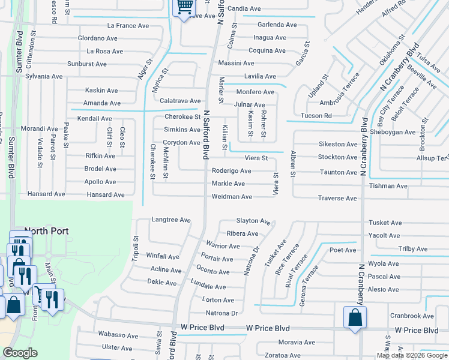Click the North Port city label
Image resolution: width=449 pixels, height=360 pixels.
(x=46, y=231)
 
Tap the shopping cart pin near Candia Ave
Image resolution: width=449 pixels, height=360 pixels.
(x=184, y=8)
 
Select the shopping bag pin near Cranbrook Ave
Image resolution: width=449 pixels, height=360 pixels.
(x=355, y=317)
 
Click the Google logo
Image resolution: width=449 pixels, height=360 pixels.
(x=20, y=353)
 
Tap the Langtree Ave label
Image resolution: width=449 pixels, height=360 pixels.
(x=171, y=220)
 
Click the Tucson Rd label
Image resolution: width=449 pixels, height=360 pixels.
(x=316, y=116)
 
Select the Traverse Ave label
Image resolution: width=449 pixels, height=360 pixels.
(x=337, y=198)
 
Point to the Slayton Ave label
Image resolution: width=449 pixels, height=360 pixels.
(x=253, y=221)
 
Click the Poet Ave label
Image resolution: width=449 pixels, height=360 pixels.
(x=343, y=250)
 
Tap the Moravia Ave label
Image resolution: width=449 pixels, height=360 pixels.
(x=297, y=343)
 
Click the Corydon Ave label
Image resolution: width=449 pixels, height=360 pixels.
(x=182, y=143)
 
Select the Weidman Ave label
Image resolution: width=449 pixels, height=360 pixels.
(x=232, y=197)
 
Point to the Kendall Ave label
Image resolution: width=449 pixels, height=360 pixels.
(x=94, y=119)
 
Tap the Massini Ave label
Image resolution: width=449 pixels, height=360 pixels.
(x=236, y=63)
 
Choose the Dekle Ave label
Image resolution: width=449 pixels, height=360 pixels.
(x=161, y=283)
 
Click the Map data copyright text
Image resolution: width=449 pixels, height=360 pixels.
(x=411, y=355)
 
